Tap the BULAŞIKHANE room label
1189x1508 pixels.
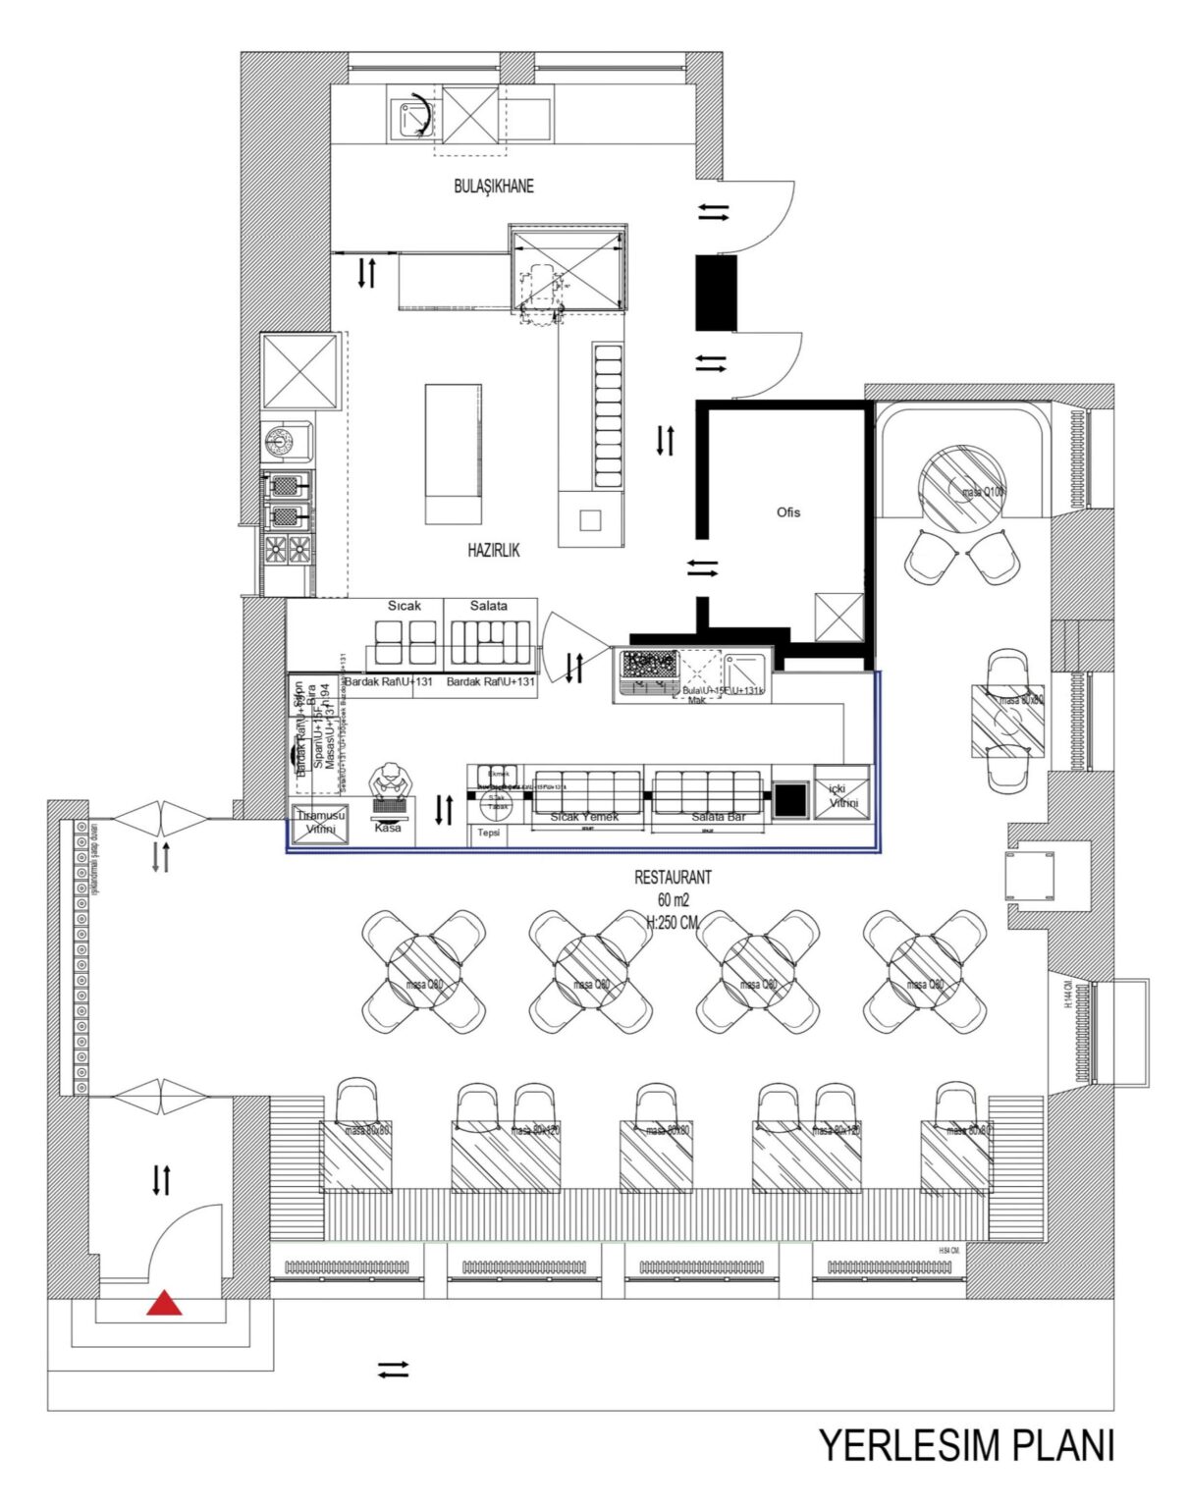tap(494, 187)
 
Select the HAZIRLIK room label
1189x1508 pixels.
tap(493, 551)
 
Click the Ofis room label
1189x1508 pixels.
tap(787, 512)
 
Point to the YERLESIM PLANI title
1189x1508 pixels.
tap(966, 1446)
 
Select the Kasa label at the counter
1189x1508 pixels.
tap(388, 828)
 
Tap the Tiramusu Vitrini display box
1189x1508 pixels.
tap(316, 823)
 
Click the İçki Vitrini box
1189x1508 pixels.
tap(843, 795)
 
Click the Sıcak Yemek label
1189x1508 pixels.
tap(585, 817)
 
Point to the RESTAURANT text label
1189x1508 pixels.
tap(673, 878)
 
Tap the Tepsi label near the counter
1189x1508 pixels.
tap(489, 833)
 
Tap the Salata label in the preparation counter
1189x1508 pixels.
tap(488, 606)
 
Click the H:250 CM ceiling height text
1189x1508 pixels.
tap(673, 923)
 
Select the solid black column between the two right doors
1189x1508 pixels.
tap(716, 292)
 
